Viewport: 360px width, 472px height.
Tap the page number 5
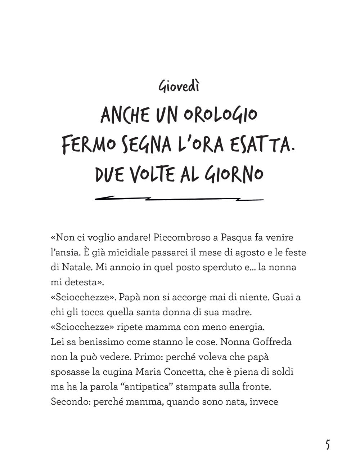click(327, 445)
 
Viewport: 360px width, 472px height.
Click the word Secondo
click(70, 401)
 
